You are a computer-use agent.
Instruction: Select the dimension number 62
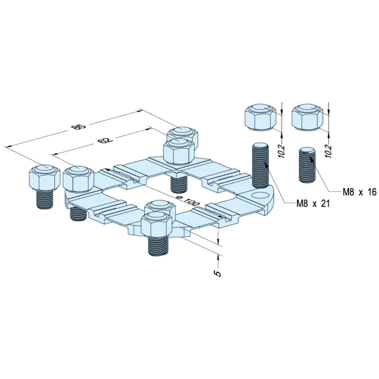point(105,140)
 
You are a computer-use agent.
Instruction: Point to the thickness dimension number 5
point(218,273)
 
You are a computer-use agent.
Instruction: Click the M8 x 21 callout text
point(313,203)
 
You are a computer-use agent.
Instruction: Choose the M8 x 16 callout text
point(359,192)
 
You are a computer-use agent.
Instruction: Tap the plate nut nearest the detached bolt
point(79,179)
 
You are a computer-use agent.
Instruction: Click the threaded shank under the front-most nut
point(158,245)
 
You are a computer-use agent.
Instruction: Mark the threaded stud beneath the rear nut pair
point(179,183)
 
